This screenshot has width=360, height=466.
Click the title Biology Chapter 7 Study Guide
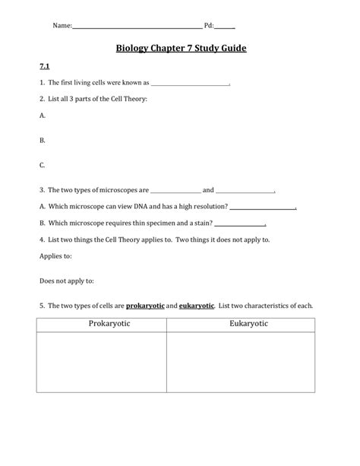click(180, 49)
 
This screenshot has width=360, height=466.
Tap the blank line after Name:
click(137, 27)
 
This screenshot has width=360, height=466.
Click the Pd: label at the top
click(208, 26)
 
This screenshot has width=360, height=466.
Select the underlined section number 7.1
click(44, 68)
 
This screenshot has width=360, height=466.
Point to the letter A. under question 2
click(43, 116)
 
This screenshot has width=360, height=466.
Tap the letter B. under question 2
click(43, 141)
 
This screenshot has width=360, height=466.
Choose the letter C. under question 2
click(43, 165)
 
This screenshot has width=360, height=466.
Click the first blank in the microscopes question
click(176, 191)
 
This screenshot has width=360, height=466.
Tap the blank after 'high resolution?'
click(263, 207)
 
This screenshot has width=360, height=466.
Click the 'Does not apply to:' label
click(66, 281)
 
